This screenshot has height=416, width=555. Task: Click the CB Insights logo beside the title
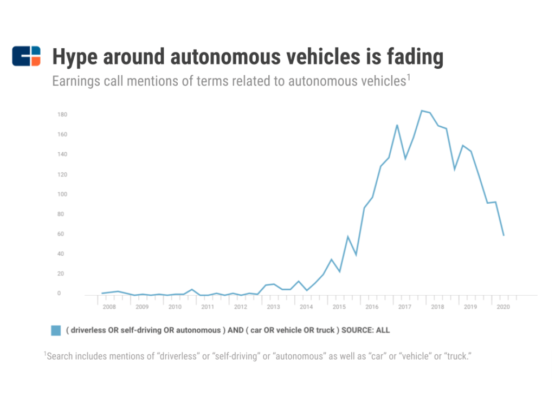pos(26,56)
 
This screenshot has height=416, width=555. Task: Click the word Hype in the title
pos(75,57)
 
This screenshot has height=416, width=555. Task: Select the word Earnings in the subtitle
pos(76,81)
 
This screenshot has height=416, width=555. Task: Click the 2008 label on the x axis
pos(109,307)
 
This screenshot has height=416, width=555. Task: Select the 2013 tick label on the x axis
pos(273,307)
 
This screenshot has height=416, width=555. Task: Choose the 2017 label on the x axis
pos(404,307)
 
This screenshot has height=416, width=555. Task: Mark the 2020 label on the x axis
pos(503,307)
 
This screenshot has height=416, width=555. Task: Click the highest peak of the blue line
pos(422,110)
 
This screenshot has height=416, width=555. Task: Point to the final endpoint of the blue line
pos(504,235)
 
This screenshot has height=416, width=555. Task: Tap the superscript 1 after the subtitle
pos(409,77)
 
